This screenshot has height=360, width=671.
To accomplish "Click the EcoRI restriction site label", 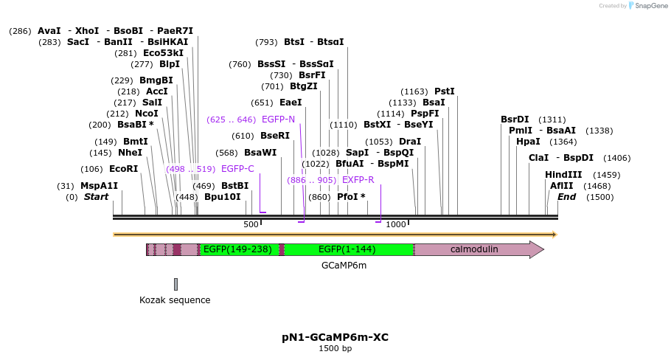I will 123,169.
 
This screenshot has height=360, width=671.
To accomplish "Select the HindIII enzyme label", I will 563,175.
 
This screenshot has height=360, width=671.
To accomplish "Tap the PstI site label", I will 444,91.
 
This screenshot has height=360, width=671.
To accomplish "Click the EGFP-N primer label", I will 278,120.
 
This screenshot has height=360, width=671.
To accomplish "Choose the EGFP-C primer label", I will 237,169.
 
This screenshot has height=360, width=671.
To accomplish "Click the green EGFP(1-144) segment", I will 347,249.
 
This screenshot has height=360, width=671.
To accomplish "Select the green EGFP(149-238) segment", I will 237,249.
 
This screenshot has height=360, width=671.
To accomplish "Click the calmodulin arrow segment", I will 474,249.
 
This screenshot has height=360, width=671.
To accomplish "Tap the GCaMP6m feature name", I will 344,265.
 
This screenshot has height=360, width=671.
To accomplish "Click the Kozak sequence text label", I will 175,300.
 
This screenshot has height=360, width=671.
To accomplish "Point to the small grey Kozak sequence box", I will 175,284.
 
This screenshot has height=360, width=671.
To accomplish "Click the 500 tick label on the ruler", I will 251,224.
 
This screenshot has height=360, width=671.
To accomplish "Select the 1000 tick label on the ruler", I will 396,224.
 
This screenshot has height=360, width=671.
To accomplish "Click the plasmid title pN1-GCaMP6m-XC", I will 335,337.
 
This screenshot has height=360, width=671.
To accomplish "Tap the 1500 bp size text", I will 335,348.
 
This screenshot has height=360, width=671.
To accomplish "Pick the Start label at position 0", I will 96,197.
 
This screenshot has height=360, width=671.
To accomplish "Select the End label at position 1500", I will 566,197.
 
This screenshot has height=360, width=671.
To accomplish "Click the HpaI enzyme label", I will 528,142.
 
